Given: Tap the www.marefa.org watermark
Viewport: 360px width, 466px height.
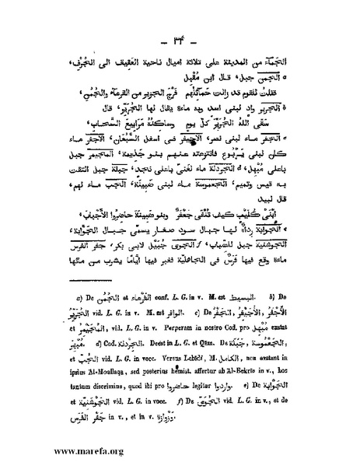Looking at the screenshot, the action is [62, 450].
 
